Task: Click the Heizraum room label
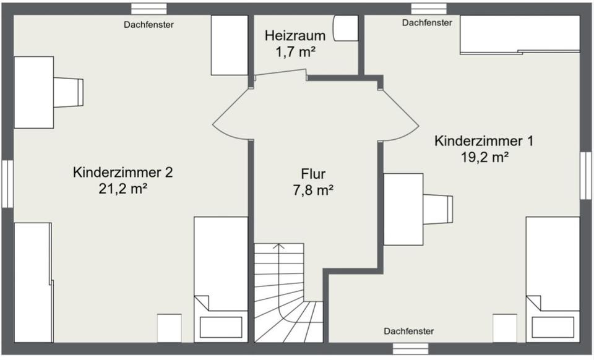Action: coord(295,35)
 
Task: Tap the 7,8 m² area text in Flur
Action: coord(313,191)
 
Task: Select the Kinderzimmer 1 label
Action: coord(484,140)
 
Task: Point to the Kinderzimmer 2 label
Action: coord(123,172)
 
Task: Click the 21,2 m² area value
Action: coord(123,189)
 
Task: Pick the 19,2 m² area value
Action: coord(484,156)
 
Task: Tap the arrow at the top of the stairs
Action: coord(279,247)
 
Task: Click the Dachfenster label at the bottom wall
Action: coord(408,332)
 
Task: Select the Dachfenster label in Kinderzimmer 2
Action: coord(148,25)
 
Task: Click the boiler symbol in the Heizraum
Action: coord(345,28)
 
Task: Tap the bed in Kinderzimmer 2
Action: coord(221,278)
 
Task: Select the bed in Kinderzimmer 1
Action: coord(553,278)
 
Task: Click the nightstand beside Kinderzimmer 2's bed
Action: coord(169,328)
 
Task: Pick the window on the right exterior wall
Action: coord(585,176)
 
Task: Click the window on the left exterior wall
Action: coord(7,184)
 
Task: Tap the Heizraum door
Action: coord(280,75)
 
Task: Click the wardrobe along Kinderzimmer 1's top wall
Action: coord(520,34)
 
